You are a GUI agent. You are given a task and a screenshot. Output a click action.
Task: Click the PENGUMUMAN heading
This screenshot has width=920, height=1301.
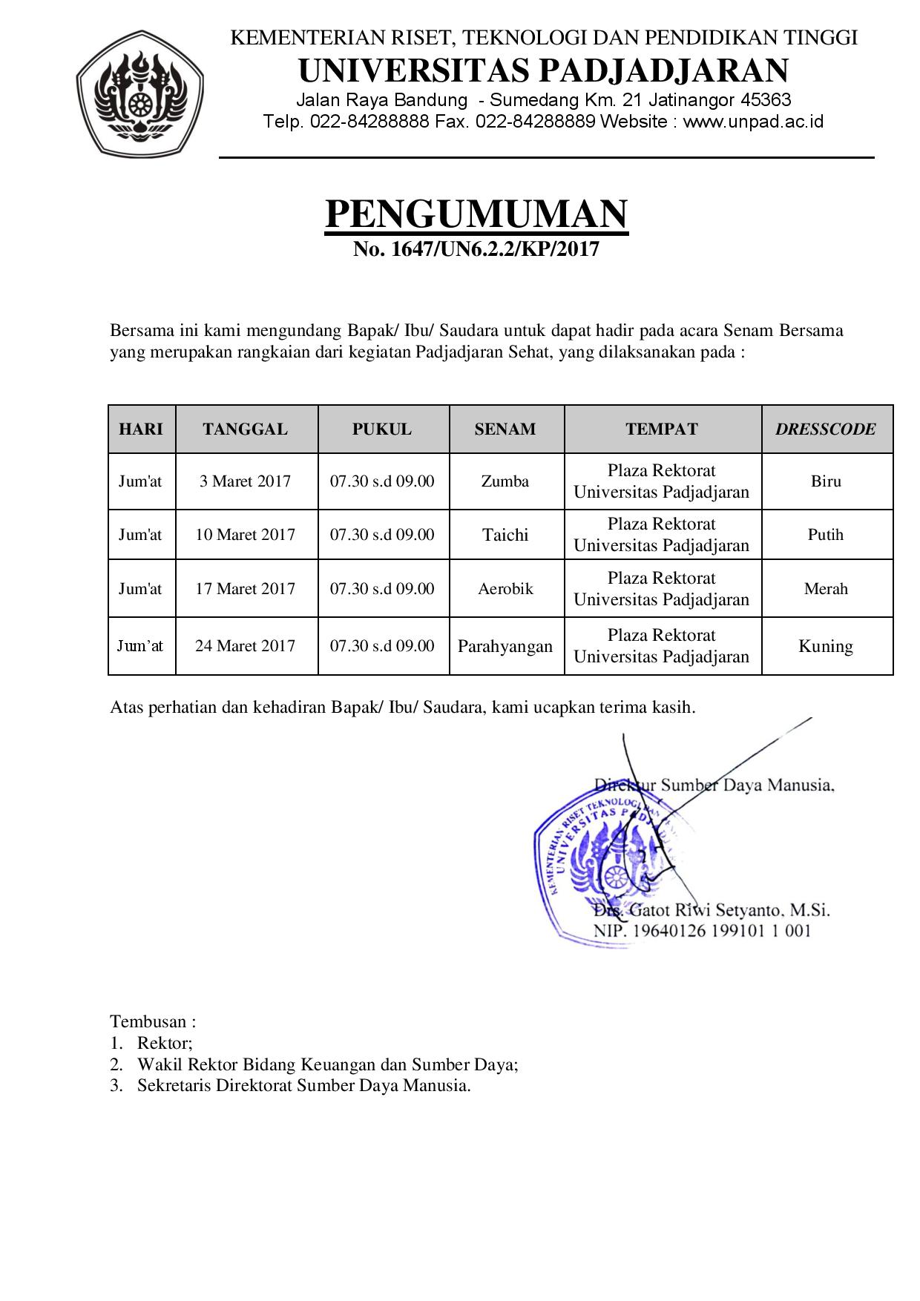pyautogui.click(x=476, y=214)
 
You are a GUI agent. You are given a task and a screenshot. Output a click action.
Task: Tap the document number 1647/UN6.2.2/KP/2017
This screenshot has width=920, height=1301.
pyautogui.click(x=476, y=249)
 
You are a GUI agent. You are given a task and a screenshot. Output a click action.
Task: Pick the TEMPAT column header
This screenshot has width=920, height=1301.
pyautogui.click(x=661, y=429)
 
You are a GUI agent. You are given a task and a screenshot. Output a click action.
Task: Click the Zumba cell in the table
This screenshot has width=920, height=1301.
pyautogui.click(x=505, y=481)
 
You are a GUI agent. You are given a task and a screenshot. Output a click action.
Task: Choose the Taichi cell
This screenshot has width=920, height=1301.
pyautogui.click(x=505, y=535)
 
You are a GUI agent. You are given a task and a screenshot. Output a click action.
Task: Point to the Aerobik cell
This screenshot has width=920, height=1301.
pyautogui.click(x=505, y=589)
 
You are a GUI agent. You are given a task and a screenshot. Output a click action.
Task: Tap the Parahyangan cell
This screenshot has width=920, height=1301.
pyautogui.click(x=505, y=646)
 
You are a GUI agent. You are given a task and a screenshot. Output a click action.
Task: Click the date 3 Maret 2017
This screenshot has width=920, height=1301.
pyautogui.click(x=245, y=481)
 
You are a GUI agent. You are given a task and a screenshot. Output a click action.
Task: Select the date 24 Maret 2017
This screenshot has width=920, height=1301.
pyautogui.click(x=245, y=646)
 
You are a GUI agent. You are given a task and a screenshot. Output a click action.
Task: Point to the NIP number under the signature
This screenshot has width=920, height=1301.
pyautogui.click(x=701, y=931)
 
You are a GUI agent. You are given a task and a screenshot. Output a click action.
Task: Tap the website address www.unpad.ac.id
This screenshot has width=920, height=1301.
pyautogui.click(x=752, y=122)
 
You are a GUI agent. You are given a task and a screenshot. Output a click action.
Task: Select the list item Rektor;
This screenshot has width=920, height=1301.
pyautogui.click(x=165, y=1043)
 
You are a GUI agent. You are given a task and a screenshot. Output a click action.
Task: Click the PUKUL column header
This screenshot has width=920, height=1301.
pyautogui.click(x=382, y=429)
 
